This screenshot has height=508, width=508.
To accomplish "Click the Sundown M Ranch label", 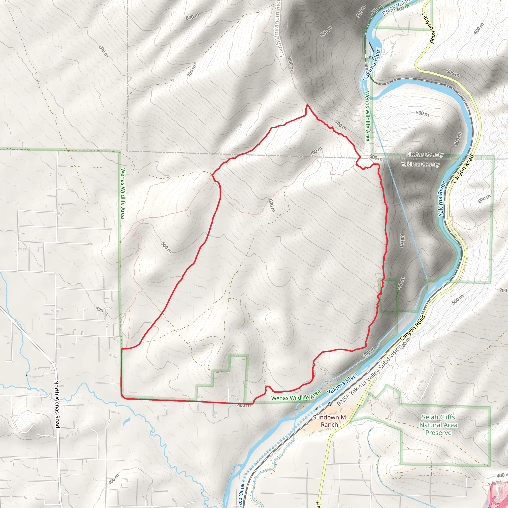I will coord(329,421).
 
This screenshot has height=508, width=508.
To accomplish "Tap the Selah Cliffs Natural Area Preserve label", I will coord(438,425).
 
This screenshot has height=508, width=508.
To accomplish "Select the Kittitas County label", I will coord(424,154).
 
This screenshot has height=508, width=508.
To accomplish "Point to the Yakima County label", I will coord(420,164).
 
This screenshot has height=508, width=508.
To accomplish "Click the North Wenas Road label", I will coord(57,404).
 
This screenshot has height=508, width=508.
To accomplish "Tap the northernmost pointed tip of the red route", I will coord(307,105).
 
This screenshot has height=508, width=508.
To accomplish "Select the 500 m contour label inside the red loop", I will coord(166,247).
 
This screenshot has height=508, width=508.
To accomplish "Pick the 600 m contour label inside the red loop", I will coord(271,205).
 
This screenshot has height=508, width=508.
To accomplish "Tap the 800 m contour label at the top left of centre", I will coord(193,17).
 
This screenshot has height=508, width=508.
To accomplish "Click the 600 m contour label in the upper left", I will coord(104,51).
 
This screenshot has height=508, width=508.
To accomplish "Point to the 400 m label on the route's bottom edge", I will coord(244,405).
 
